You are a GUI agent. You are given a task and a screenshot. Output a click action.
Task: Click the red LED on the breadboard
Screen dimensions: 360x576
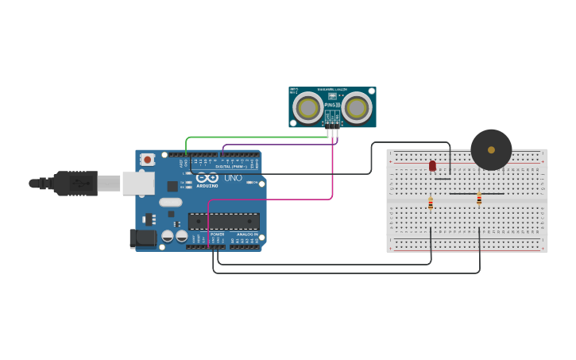432,165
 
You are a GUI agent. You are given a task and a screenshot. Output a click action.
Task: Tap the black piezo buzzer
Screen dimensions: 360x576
491,149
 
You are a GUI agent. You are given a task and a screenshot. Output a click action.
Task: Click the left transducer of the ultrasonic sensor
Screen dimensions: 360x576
307,107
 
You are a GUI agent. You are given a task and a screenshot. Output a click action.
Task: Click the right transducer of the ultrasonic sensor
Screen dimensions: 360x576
357,107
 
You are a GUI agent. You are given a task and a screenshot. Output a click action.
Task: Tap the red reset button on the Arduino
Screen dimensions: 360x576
148,160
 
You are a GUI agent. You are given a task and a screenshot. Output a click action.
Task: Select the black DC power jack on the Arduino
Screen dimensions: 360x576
142,237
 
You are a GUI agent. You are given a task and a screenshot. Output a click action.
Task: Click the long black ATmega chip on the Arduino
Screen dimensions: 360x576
223,222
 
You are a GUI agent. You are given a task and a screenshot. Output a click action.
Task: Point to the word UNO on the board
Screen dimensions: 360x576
233,178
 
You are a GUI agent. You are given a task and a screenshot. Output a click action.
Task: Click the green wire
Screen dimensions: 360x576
254,137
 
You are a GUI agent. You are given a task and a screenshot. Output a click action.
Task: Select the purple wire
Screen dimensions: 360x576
278,145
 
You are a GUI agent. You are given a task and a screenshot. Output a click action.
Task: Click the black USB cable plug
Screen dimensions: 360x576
75,183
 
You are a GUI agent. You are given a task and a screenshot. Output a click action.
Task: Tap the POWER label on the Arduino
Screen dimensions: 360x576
217,234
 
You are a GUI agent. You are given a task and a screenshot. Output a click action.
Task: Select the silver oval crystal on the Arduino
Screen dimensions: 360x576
170,202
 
